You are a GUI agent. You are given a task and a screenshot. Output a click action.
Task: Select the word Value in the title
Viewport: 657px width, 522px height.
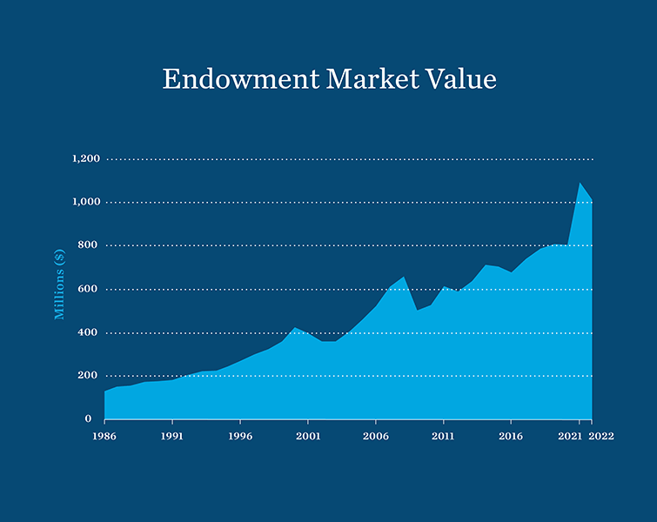(464, 79)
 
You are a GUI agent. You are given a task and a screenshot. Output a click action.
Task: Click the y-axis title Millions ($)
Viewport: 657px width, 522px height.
(60, 284)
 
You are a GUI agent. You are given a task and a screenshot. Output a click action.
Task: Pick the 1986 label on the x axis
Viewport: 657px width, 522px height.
(104, 436)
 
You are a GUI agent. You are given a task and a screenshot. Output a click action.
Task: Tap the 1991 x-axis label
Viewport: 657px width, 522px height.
(172, 436)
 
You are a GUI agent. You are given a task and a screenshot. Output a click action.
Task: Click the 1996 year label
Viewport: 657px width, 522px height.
(240, 436)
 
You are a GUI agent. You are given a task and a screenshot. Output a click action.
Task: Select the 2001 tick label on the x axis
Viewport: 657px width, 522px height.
(308, 436)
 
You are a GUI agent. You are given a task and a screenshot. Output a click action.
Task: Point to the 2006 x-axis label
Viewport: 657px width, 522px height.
(375, 436)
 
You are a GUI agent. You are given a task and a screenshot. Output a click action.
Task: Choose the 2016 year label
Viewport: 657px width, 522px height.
(511, 436)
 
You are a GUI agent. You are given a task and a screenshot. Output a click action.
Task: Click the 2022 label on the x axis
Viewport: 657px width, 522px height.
(601, 436)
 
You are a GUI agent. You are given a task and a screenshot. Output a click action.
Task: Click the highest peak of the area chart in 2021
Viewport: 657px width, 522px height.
(580, 183)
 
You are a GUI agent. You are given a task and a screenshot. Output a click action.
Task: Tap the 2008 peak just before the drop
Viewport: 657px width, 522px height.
(404, 278)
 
